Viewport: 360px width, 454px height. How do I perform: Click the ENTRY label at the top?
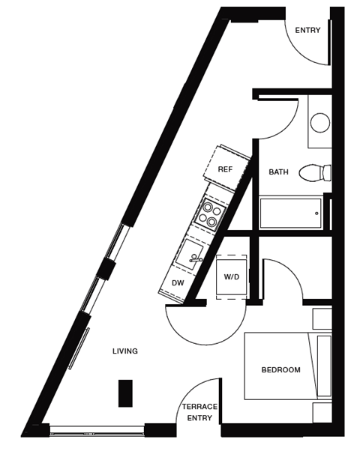[307, 31]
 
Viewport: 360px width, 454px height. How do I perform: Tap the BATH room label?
[278, 172]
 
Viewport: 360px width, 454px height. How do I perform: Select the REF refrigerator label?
[225, 170]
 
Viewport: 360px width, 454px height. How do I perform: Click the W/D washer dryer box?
[231, 276]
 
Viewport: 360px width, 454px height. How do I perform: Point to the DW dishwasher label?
[178, 283]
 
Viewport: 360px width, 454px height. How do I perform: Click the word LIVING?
[125, 351]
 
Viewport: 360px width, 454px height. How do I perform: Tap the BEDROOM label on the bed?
[280, 370]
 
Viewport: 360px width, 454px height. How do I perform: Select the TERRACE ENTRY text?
[199, 412]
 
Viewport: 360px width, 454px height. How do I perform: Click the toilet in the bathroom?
[315, 173]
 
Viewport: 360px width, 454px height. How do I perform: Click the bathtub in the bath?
[290, 213]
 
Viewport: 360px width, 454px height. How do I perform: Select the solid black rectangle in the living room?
[125, 393]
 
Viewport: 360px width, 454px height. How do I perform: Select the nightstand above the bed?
[322, 318]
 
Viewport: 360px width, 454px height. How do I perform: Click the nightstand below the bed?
[322, 412]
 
